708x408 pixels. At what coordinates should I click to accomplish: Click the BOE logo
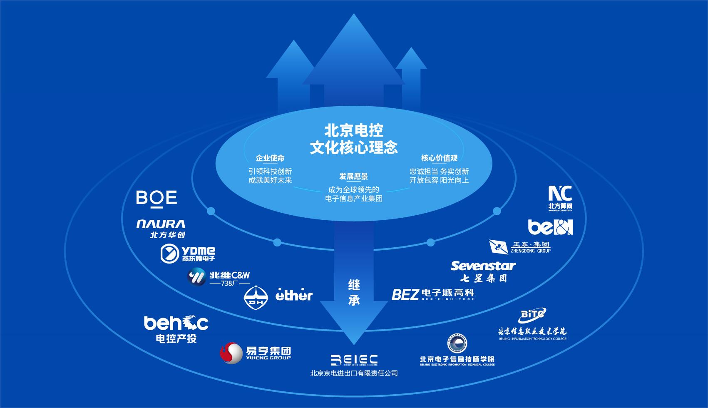coord(157,197)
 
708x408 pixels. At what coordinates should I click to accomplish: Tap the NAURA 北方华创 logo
coord(161,229)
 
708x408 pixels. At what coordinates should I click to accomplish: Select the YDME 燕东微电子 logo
coord(188,253)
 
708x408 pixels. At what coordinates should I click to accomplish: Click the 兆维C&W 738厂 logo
coord(219,278)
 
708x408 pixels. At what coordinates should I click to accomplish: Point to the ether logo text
coord(294,295)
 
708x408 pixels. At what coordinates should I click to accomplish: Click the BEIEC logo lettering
coord(354,360)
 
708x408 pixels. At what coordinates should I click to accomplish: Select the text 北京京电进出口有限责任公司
coord(354,373)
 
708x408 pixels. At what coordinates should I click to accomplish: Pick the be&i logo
coord(550,227)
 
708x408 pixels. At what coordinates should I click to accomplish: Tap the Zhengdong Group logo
coord(520,247)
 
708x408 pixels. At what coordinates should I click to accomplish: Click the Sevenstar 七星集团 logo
coord(483,271)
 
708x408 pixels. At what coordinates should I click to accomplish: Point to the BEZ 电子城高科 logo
coord(433,294)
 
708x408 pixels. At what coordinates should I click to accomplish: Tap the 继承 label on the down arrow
coord(354,292)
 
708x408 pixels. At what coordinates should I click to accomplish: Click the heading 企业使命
coord(270,158)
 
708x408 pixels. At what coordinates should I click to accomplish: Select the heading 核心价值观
coord(439,158)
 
